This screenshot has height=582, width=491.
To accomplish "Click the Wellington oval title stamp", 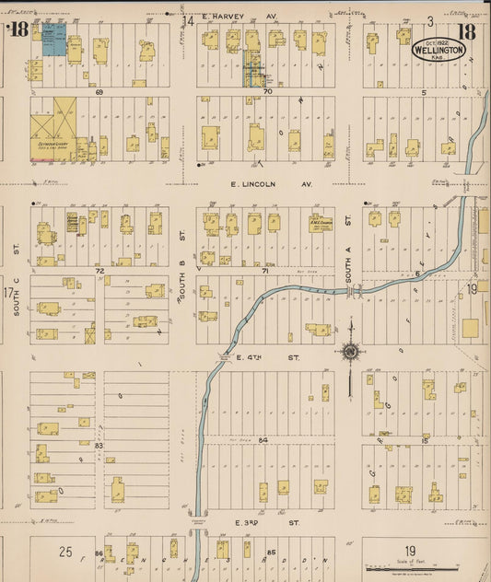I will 438,48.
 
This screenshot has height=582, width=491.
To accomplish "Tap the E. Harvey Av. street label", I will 243,17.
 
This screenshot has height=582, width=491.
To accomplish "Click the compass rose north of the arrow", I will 350,350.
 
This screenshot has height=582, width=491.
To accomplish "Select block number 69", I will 97,92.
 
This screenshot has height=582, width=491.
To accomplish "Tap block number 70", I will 267,92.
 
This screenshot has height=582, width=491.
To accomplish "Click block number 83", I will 98,445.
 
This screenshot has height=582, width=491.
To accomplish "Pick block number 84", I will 263,440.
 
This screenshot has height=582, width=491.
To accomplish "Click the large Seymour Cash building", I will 53,129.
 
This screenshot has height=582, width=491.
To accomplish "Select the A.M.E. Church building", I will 321,222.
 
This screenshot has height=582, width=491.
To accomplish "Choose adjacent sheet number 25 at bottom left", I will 65,552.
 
